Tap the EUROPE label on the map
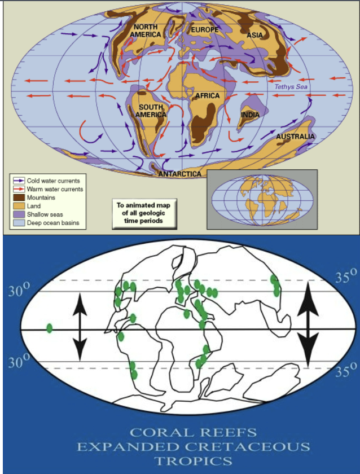pos(204,29)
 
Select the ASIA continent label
pos(255,35)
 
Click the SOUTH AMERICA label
pos(151,111)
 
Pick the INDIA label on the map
pos(250,115)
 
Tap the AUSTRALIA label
pos(295,137)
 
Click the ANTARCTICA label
pos(179,174)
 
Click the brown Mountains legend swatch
pos(18,198)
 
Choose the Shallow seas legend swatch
pos(18,214)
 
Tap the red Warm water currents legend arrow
pos(18,190)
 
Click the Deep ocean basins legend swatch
pos(18,223)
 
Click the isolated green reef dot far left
pos(50,328)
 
